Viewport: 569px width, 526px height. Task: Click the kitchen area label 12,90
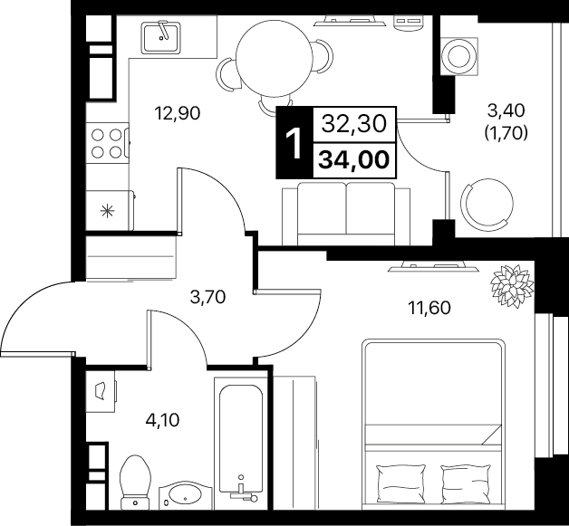click(177, 113)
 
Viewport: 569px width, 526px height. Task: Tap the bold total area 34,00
click(353, 160)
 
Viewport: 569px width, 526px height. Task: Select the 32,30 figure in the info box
click(353, 124)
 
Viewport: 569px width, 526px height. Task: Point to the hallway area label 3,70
click(207, 298)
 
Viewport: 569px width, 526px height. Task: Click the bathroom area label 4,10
click(162, 421)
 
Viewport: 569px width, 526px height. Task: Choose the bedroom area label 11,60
click(429, 308)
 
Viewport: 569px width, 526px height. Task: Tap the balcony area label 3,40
click(506, 110)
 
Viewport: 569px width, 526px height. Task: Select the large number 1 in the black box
click(294, 144)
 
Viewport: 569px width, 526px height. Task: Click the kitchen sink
click(161, 37)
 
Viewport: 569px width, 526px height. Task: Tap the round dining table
click(274, 57)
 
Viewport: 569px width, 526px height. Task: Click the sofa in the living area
click(346, 214)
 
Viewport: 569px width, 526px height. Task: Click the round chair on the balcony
click(487, 203)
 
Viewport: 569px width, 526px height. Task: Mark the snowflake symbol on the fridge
click(107, 211)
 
